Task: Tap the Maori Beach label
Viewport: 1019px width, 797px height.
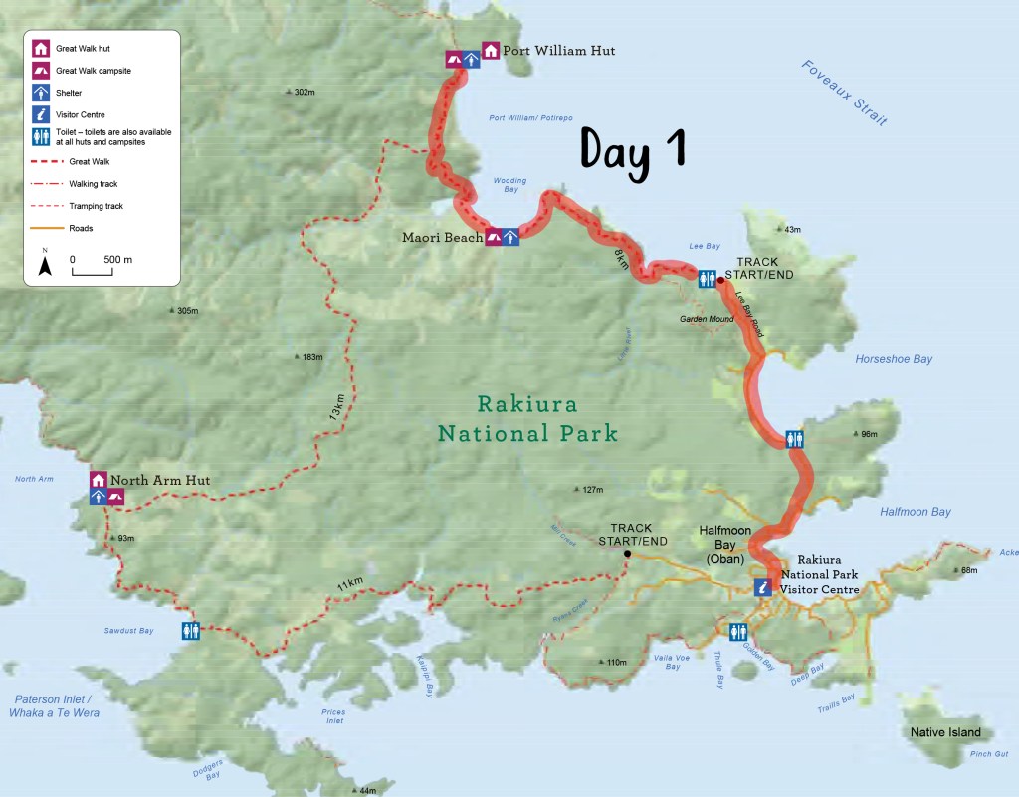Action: coord(442,237)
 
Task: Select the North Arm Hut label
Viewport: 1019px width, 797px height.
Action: coord(160,480)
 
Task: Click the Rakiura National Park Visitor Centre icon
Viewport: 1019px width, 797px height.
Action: coord(762,588)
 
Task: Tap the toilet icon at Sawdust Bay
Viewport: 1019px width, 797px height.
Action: coord(192,630)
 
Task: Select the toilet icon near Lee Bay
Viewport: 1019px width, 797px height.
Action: coord(707,278)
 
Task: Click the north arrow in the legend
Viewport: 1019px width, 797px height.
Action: coord(45,264)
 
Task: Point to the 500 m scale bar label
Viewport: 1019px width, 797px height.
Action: coord(118,259)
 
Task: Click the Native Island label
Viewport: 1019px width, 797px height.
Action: coord(945,732)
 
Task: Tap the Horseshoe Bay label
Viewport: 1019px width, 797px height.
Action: coord(894,359)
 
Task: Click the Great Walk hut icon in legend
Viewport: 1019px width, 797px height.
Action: coord(41,48)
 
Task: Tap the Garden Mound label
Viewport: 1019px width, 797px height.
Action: coord(707,319)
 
